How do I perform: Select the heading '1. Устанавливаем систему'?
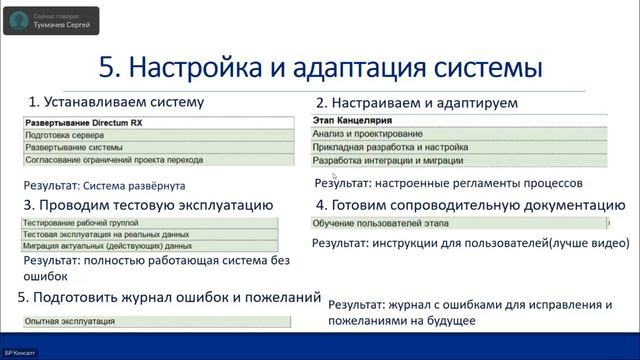(x=115, y=102)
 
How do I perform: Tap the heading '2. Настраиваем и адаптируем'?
(x=403, y=103)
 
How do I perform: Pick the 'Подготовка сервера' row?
(x=64, y=134)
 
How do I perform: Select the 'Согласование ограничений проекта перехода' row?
(x=114, y=160)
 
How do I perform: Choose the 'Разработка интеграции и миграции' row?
(x=388, y=160)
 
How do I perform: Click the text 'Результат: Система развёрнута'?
(x=105, y=186)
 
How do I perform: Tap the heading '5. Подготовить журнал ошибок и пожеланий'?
(x=169, y=298)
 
